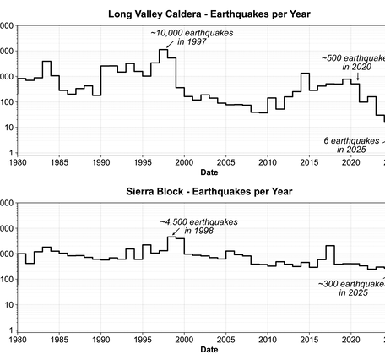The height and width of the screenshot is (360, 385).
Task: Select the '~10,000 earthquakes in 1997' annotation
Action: tap(192, 35)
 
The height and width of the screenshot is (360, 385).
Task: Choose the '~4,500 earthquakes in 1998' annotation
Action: tap(201, 226)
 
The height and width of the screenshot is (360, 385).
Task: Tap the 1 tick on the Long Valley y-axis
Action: tap(8, 153)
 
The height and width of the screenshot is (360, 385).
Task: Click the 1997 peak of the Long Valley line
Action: tap(163, 51)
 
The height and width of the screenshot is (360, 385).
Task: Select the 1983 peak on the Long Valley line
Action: tap(46, 62)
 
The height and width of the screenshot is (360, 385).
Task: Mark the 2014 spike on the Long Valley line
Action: tap(305, 74)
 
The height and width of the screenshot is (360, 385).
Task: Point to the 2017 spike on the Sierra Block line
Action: tap(330, 246)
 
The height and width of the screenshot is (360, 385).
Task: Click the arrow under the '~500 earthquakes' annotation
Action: tap(357, 77)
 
